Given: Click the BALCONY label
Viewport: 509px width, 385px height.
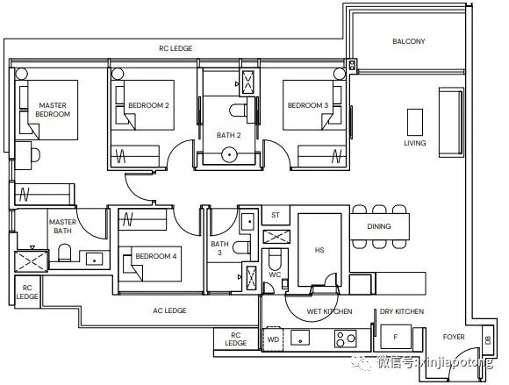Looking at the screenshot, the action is [x=408, y=41].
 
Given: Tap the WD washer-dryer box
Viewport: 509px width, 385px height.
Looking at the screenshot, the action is [x=273, y=339].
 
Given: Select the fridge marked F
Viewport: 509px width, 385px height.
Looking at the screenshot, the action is [x=396, y=337].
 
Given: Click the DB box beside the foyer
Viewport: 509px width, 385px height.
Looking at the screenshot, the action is [x=488, y=340].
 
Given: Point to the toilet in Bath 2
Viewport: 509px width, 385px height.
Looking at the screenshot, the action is [x=238, y=110].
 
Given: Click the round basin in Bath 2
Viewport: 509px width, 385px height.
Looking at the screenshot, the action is [x=230, y=154].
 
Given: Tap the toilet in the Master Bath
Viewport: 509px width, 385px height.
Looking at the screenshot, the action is [x=65, y=253].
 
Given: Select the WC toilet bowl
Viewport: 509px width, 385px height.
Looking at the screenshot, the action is [x=275, y=260].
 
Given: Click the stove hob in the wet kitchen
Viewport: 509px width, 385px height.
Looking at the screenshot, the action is [x=346, y=339].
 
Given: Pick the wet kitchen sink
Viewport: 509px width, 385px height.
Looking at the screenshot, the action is [x=300, y=338].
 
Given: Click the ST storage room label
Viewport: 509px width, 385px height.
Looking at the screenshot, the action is [x=276, y=215].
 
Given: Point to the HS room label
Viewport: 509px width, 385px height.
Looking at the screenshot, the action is [x=319, y=250].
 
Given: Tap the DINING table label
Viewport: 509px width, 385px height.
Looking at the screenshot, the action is [x=379, y=226].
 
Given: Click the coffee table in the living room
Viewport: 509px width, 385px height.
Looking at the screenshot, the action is [x=415, y=122].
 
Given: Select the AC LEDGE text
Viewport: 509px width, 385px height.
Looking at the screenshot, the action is [x=169, y=310].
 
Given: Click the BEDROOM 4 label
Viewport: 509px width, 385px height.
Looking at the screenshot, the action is [x=156, y=256].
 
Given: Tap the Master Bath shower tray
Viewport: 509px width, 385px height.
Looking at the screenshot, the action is [x=32, y=261].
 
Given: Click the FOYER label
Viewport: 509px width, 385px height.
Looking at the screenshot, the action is [x=454, y=337].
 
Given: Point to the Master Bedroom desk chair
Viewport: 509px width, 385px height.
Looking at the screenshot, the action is [x=36, y=155].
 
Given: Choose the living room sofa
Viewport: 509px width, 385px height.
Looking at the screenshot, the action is [x=451, y=122].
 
